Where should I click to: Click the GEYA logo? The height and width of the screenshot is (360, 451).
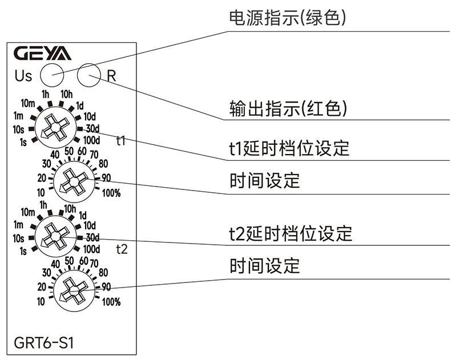(x=42, y=54)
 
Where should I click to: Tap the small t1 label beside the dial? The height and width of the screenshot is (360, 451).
(x=121, y=140)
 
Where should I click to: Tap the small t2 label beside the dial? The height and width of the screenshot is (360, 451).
(x=121, y=248)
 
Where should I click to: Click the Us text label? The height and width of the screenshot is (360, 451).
(x=23, y=75)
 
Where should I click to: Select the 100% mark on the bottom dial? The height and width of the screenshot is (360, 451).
(x=112, y=302)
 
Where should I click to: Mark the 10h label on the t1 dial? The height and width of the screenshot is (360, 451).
(x=67, y=94)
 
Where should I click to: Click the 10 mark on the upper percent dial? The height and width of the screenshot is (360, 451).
(x=42, y=192)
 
